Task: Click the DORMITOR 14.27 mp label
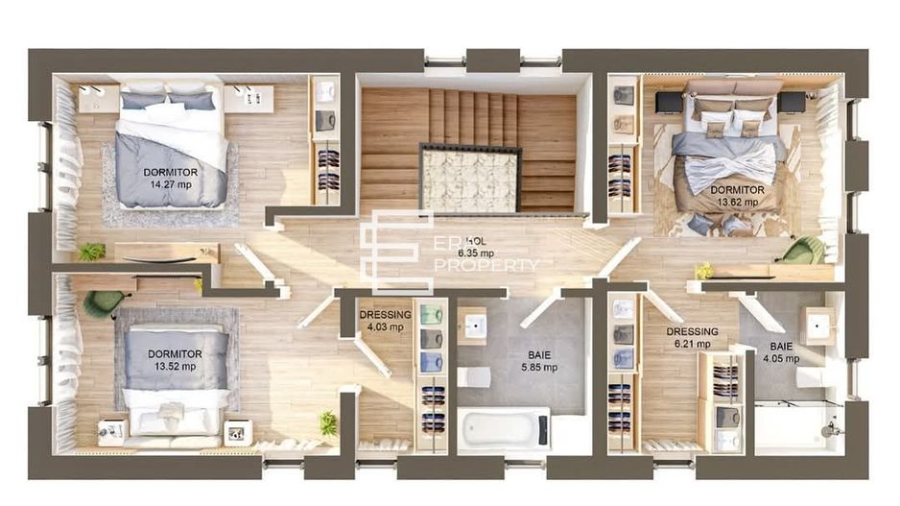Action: pyautogui.click(x=171, y=179)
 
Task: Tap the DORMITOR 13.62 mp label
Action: pyautogui.click(x=737, y=197)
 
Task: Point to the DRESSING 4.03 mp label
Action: pyautogui.click(x=385, y=321)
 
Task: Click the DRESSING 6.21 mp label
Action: pyautogui.click(x=692, y=338)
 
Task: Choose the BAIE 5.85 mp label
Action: pyautogui.click(x=536, y=360)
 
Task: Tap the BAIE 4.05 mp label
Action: pyautogui.click(x=780, y=352)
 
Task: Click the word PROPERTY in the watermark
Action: pyautogui.click(x=486, y=265)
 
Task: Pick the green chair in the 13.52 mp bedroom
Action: pyautogui.click(x=101, y=303)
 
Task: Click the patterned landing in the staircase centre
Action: pyautogui.click(x=471, y=180)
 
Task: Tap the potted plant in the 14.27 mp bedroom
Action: pyautogui.click(x=91, y=252)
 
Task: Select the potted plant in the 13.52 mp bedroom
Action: pyautogui.click(x=328, y=422)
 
